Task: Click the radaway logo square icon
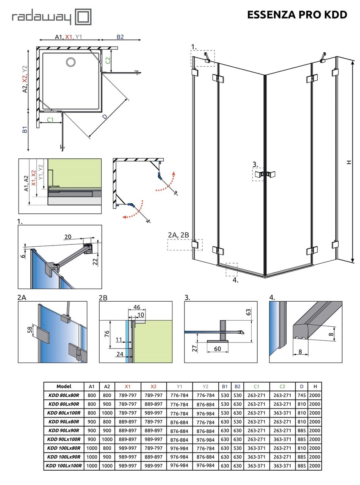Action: coord(84,17)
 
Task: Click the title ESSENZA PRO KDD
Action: coord(297,15)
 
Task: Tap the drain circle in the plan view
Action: coord(70,62)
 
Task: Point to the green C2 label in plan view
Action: coord(108,60)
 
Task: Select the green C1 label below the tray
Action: coord(50,120)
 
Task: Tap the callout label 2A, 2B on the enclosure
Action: coord(178,235)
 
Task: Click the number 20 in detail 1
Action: coord(67,237)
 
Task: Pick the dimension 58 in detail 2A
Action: coord(30,330)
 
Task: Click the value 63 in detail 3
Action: coord(249,312)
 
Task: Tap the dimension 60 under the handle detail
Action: coord(218,349)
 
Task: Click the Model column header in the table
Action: coord(64,386)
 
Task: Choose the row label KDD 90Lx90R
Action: coord(64,430)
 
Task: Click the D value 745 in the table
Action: coord(301,395)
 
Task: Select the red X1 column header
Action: coord(128,386)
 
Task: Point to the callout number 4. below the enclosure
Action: coord(235,280)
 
